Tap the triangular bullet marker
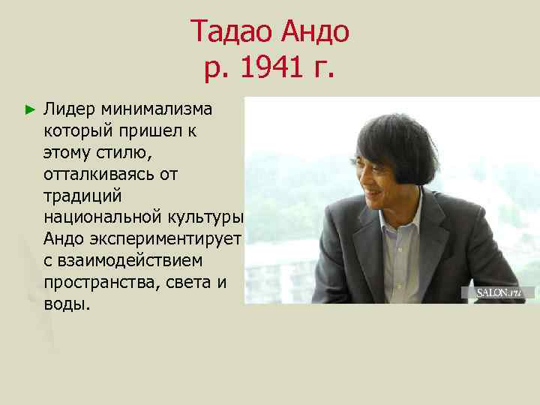click(29, 109)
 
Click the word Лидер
click(70, 109)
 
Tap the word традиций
click(77, 196)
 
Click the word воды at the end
click(65, 304)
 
